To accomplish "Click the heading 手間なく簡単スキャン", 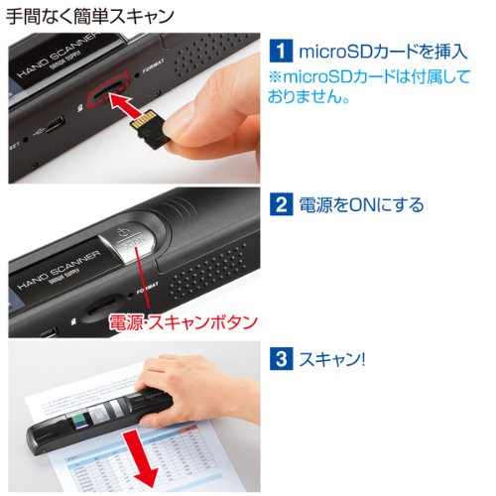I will click(90, 17).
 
